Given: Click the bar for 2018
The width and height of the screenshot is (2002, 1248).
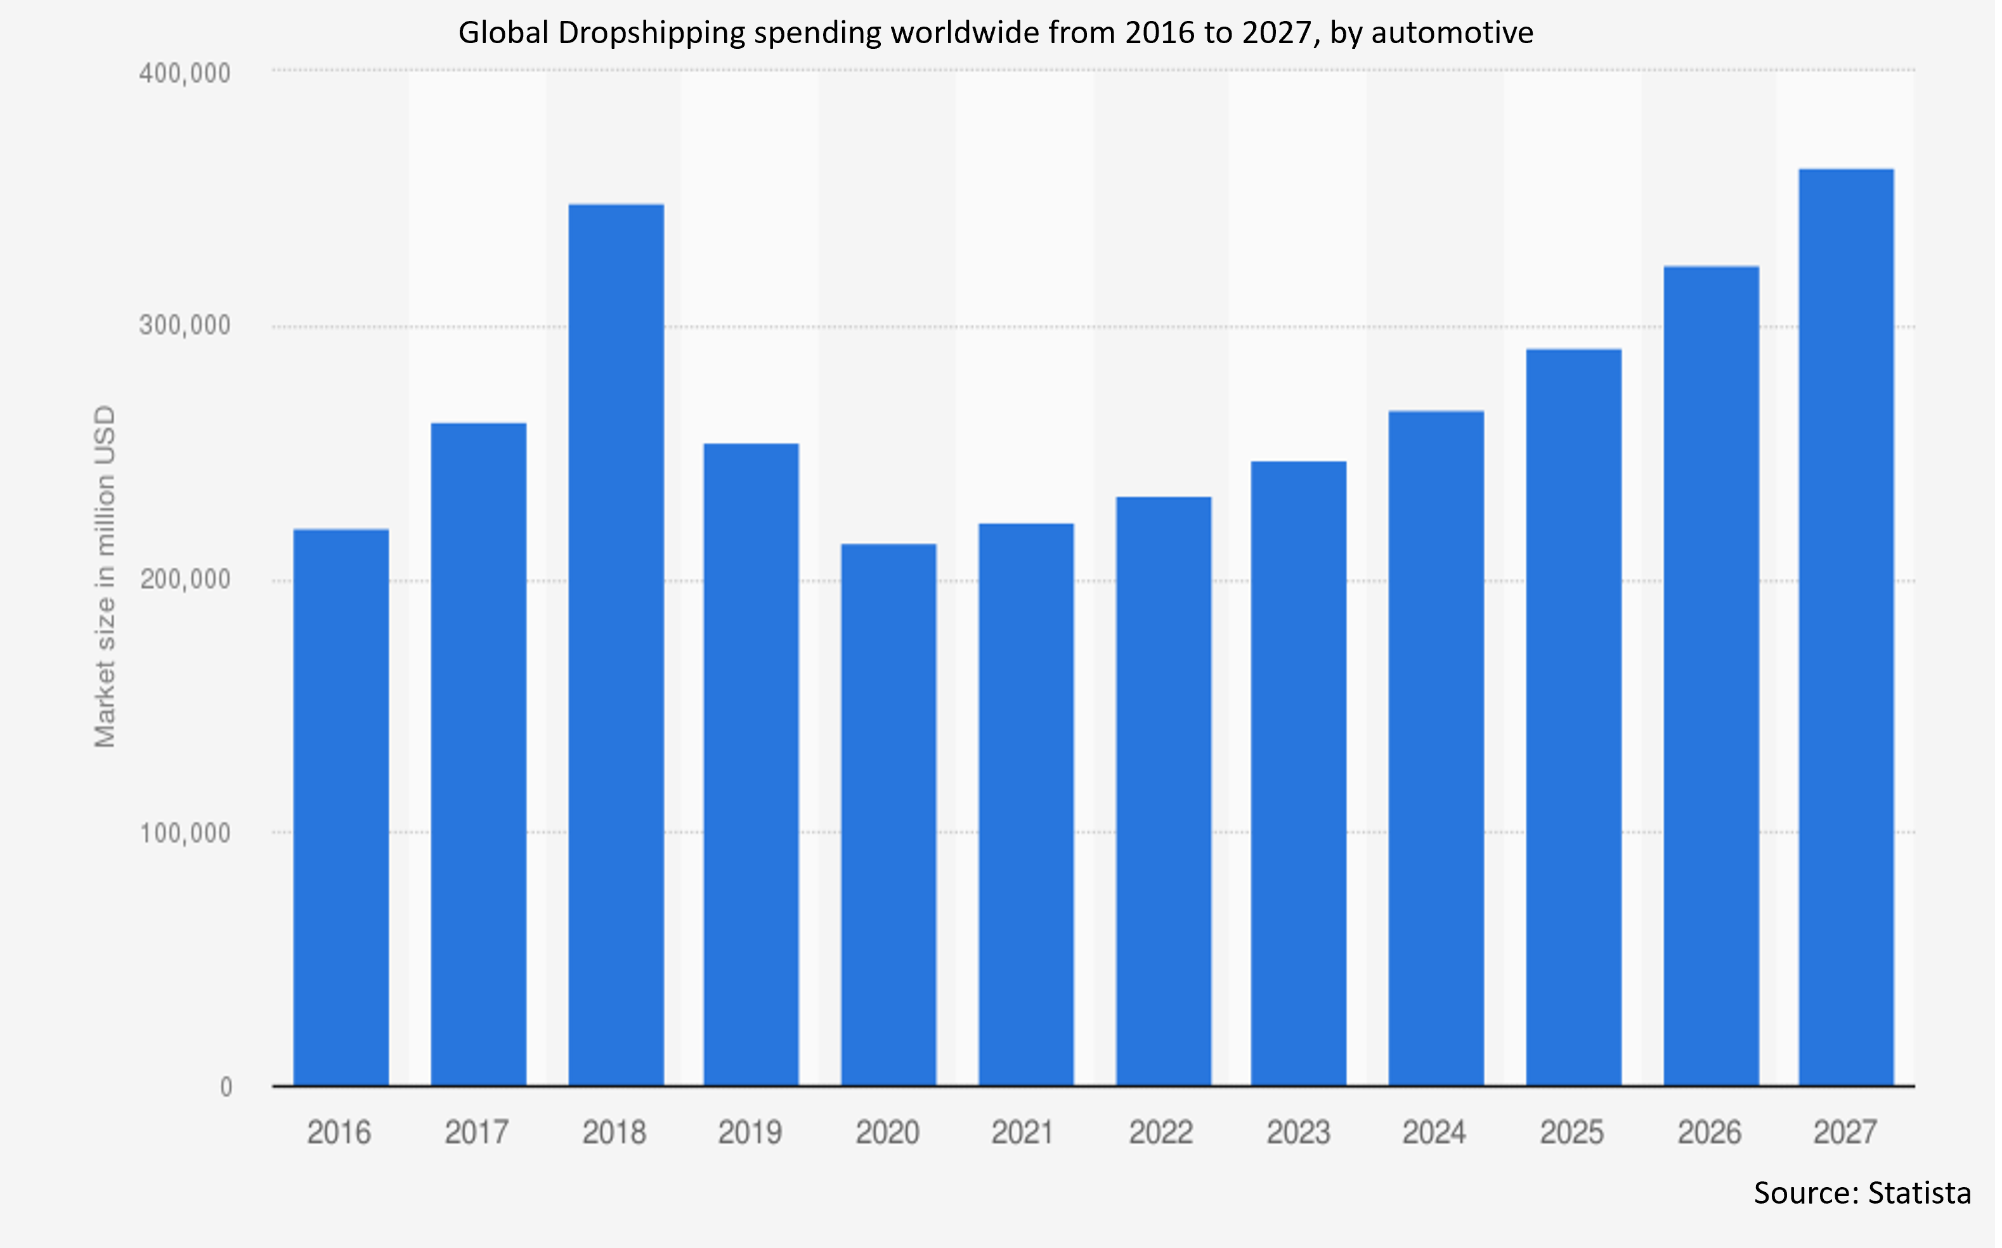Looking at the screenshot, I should point(616,644).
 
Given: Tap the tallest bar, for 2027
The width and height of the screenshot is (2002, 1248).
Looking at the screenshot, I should point(1846,627).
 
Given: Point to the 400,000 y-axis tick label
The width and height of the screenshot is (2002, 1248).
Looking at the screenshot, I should point(184,74).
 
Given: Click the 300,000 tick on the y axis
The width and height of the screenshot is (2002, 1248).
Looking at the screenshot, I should point(184,326).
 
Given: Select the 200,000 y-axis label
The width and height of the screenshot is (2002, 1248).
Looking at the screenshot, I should point(184,580).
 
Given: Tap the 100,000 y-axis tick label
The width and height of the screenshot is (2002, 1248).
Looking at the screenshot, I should point(184,833).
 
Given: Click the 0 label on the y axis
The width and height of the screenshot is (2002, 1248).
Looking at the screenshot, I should point(225,1087).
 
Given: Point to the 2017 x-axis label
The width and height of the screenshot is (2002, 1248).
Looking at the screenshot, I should point(476,1131).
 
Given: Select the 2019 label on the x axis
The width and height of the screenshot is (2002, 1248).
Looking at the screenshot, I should point(750,1131).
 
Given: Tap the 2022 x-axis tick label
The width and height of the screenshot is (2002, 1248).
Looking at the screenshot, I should point(1160,1131).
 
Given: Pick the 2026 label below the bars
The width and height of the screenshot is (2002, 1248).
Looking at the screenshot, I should point(1709,1131).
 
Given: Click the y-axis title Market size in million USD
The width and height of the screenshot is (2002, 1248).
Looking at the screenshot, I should point(105,576).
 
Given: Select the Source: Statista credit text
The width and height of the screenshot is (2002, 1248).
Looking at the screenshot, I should point(1862,1193).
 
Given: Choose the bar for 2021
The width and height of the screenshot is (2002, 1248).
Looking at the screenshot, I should point(1026,804).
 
